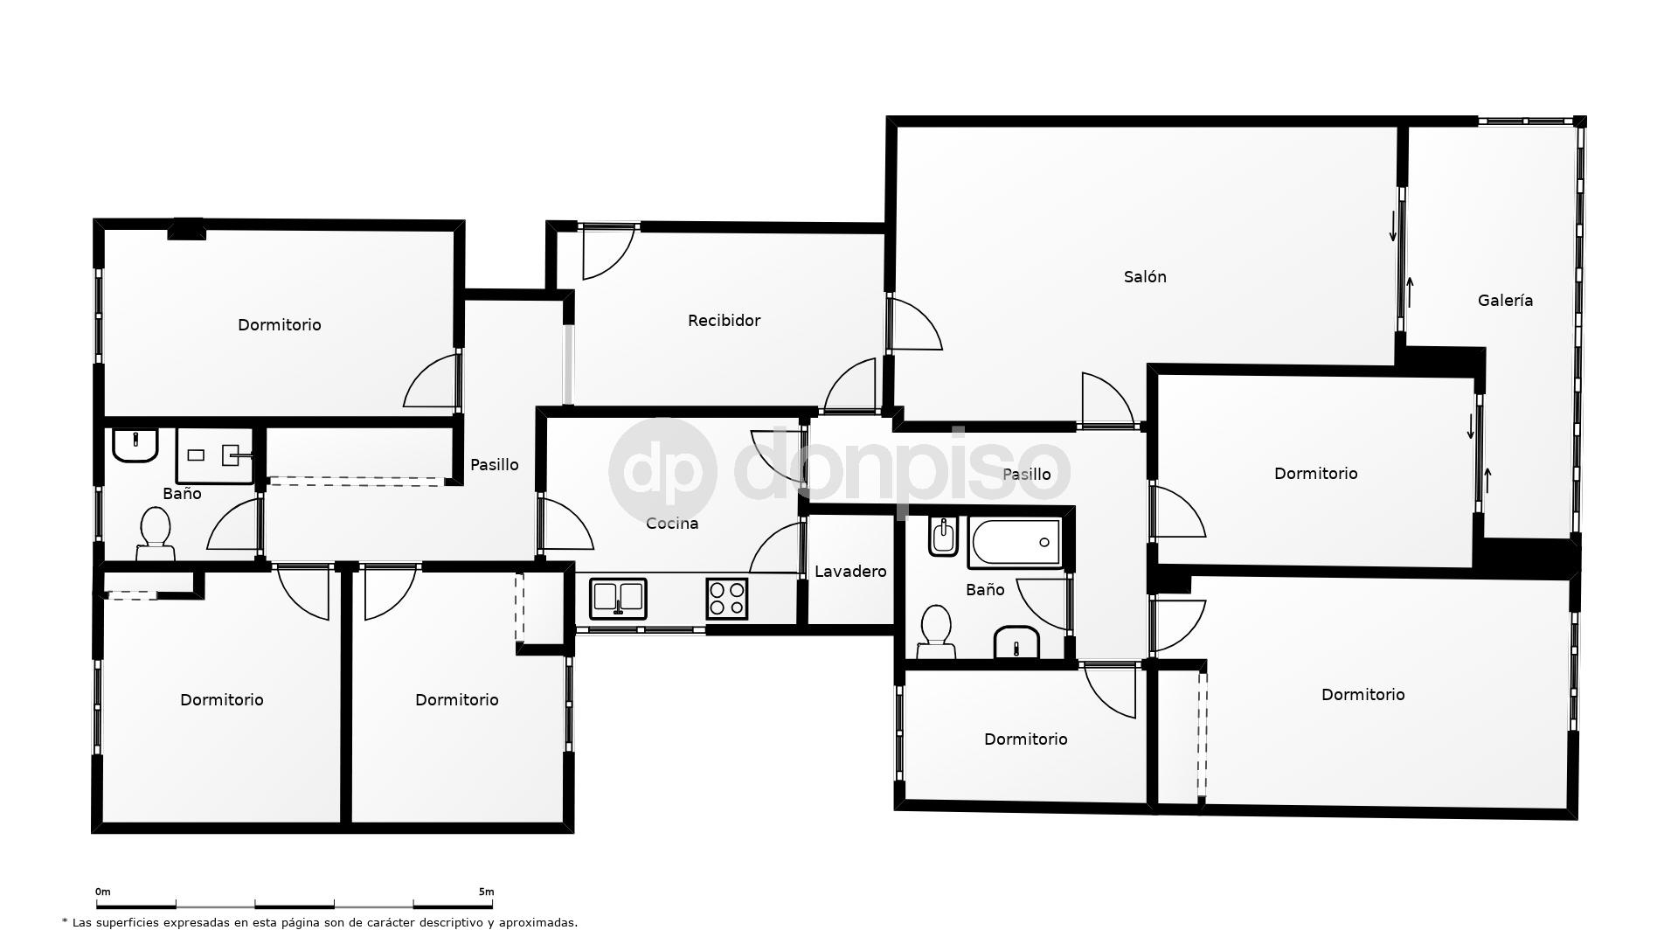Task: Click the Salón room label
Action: [1144, 277]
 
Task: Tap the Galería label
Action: [1505, 301]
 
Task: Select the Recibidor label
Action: [724, 321]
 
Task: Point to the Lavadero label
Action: [850, 572]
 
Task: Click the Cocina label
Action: [672, 524]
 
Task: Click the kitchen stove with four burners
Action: [726, 599]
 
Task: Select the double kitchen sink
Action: [618, 599]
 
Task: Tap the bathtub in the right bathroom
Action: [1016, 543]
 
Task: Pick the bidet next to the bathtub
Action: [943, 536]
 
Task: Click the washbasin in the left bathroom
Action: [135, 444]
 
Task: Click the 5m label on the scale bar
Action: [486, 892]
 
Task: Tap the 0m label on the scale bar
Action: [103, 892]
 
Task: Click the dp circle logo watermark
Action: [662, 471]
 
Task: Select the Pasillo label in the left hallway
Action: [495, 465]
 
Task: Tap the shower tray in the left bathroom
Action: [215, 455]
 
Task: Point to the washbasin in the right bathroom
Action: [1016, 643]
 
